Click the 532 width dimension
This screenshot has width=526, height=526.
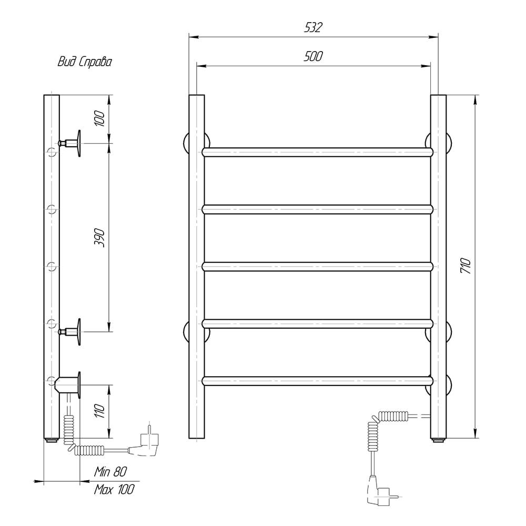pyautogui.click(x=313, y=27)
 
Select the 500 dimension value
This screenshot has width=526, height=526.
pyautogui.click(x=313, y=56)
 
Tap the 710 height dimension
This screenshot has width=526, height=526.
pyautogui.click(x=466, y=265)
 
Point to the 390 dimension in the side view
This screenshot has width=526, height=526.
pyautogui.click(x=99, y=238)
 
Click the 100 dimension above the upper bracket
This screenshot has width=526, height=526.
pyautogui.click(x=99, y=118)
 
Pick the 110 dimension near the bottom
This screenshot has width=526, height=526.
pyautogui.click(x=99, y=411)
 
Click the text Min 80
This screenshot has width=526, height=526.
pyautogui.click(x=110, y=472)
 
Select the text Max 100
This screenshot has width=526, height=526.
pyautogui.click(x=114, y=489)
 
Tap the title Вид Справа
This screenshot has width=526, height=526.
pyautogui.click(x=85, y=62)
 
